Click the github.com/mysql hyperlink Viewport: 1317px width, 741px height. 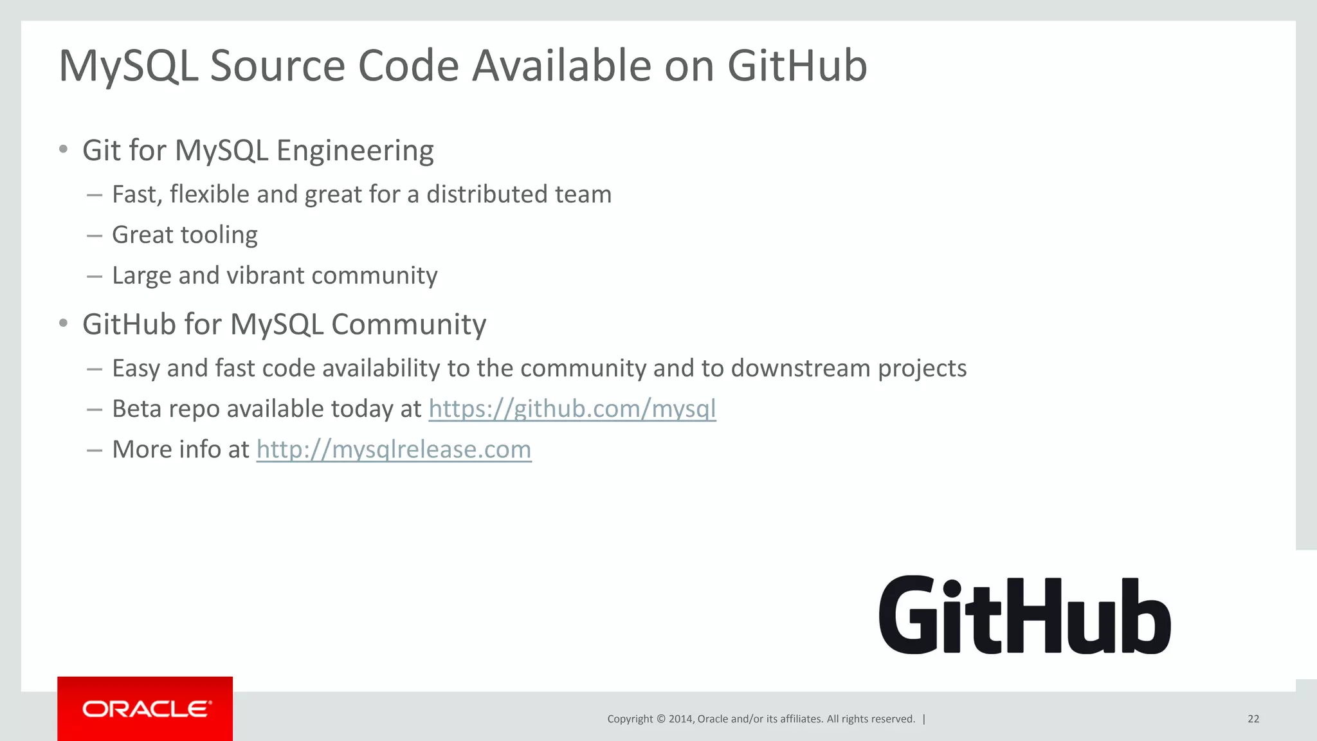pyautogui.click(x=572, y=409)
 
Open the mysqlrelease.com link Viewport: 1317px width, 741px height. pyautogui.click(x=394, y=450)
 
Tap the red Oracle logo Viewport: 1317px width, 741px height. pyautogui.click(x=145, y=708)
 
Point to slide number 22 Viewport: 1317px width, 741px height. pyautogui.click(x=1253, y=719)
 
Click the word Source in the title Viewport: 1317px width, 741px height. pyautogui.click(x=278, y=66)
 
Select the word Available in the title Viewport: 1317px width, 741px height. pyautogui.click(x=561, y=66)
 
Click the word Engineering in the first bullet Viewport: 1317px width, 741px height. pyautogui.click(x=355, y=151)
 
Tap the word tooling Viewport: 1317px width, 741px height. pyautogui.click(x=222, y=235)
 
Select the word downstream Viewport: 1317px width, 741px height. pyautogui.click(x=800, y=369)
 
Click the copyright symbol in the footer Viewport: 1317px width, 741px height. pyautogui.click(x=660, y=719)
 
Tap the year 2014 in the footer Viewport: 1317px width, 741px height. pyautogui.click(x=680, y=719)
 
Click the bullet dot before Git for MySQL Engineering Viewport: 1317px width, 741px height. pyautogui.click(x=63, y=150)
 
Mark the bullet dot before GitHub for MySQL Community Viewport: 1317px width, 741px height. pyautogui.click(x=63, y=324)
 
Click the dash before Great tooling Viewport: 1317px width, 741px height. pyautogui.click(x=95, y=236)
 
